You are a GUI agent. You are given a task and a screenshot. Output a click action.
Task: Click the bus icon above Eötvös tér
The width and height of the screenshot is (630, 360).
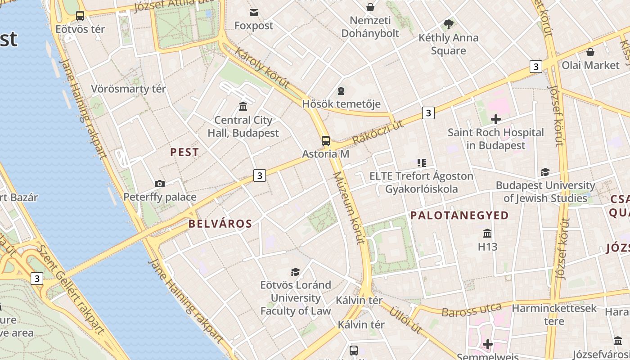(x=80, y=16)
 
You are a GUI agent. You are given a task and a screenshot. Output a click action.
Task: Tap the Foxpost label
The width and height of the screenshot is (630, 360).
(x=254, y=26)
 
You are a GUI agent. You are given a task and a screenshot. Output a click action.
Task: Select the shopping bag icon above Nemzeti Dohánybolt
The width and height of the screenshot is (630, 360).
(x=370, y=7)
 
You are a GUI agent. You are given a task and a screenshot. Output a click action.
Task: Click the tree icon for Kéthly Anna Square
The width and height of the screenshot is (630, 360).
(x=448, y=24)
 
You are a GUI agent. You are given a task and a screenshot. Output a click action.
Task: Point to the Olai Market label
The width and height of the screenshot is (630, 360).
(x=590, y=65)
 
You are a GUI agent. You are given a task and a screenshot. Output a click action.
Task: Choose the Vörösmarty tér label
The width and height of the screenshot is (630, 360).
(x=129, y=89)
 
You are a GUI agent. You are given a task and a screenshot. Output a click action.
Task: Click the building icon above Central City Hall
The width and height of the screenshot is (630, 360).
(x=243, y=106)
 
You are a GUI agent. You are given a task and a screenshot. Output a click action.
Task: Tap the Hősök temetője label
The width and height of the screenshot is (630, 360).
(x=341, y=104)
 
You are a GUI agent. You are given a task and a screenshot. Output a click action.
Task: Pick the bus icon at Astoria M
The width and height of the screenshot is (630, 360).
(x=325, y=141)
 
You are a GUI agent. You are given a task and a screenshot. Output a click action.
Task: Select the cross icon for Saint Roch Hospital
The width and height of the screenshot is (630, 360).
(x=496, y=119)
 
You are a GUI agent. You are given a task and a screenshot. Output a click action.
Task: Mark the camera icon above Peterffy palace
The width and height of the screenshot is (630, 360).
(x=159, y=184)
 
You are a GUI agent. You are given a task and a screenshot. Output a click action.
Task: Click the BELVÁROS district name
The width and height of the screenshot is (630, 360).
(x=220, y=224)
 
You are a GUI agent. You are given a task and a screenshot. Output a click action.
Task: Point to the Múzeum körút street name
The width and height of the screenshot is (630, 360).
(x=349, y=208)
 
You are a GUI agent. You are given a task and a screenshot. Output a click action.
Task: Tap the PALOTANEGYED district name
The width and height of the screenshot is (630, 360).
(x=459, y=216)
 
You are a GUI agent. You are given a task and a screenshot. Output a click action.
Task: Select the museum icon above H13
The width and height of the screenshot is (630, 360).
(x=487, y=234)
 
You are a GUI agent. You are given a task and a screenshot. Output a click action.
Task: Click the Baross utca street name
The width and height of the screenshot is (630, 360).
(x=472, y=310)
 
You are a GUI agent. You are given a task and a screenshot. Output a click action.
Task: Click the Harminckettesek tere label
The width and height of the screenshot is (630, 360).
(x=554, y=315)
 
